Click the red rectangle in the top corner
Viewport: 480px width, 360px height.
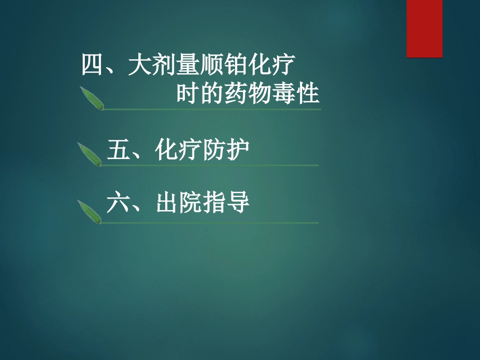coord(424,28)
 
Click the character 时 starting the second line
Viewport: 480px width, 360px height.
coord(187,94)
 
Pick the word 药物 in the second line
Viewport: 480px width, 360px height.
coord(248,94)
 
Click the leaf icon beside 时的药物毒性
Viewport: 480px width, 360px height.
coord(92,98)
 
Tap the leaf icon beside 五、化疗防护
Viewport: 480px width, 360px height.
coord(89,153)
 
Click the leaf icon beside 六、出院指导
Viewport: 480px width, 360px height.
coord(89,211)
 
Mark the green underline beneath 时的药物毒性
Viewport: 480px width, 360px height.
coord(212,109)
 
